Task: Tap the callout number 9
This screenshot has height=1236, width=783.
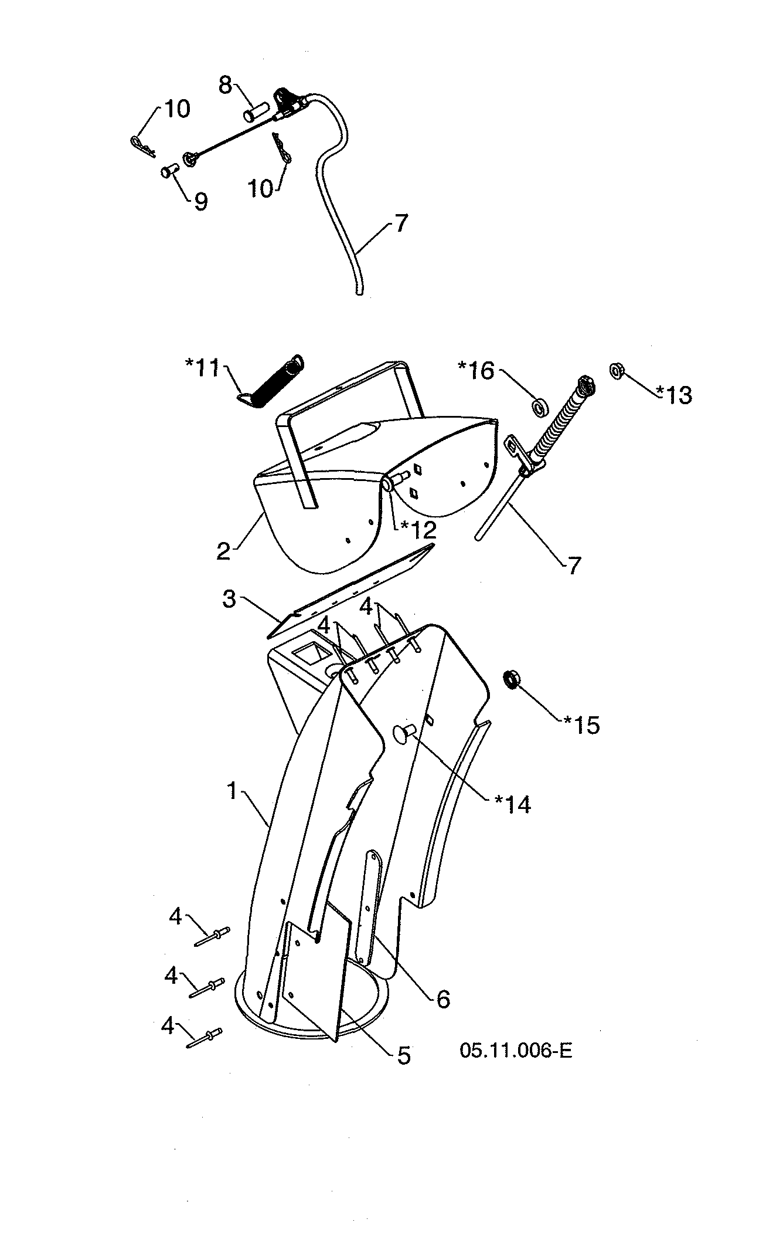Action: (x=200, y=203)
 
